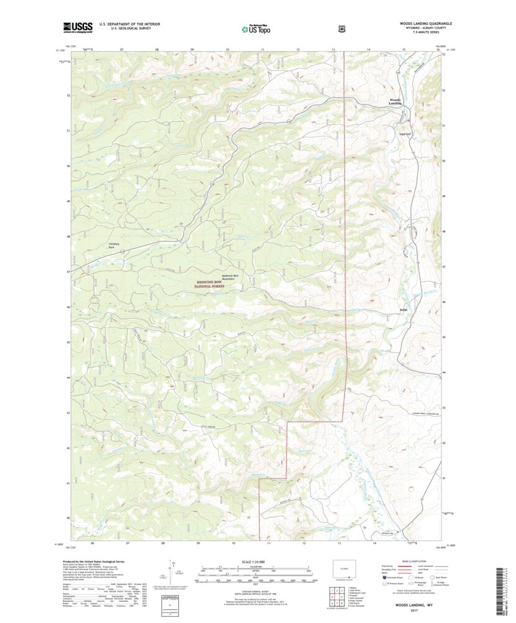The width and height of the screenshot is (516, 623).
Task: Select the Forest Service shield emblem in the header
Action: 341,27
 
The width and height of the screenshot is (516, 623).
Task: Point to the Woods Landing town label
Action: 395,101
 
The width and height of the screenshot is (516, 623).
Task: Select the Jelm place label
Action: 403,308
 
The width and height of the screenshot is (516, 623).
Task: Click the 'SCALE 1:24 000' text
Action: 256,562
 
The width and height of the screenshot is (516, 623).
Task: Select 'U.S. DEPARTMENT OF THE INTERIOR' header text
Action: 116,24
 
